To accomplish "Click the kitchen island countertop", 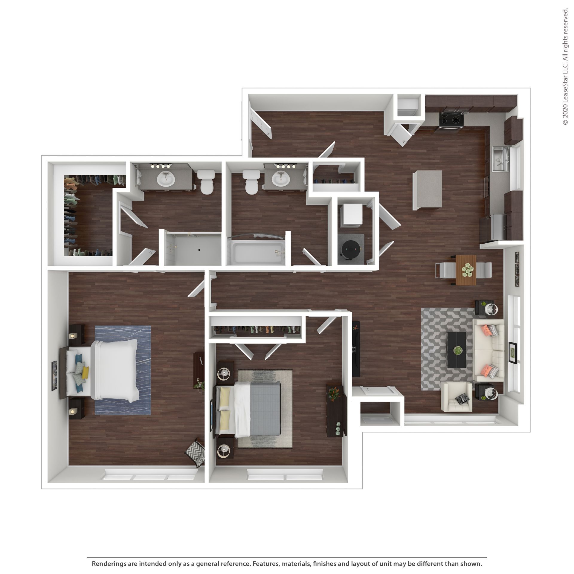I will click(x=427, y=190).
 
